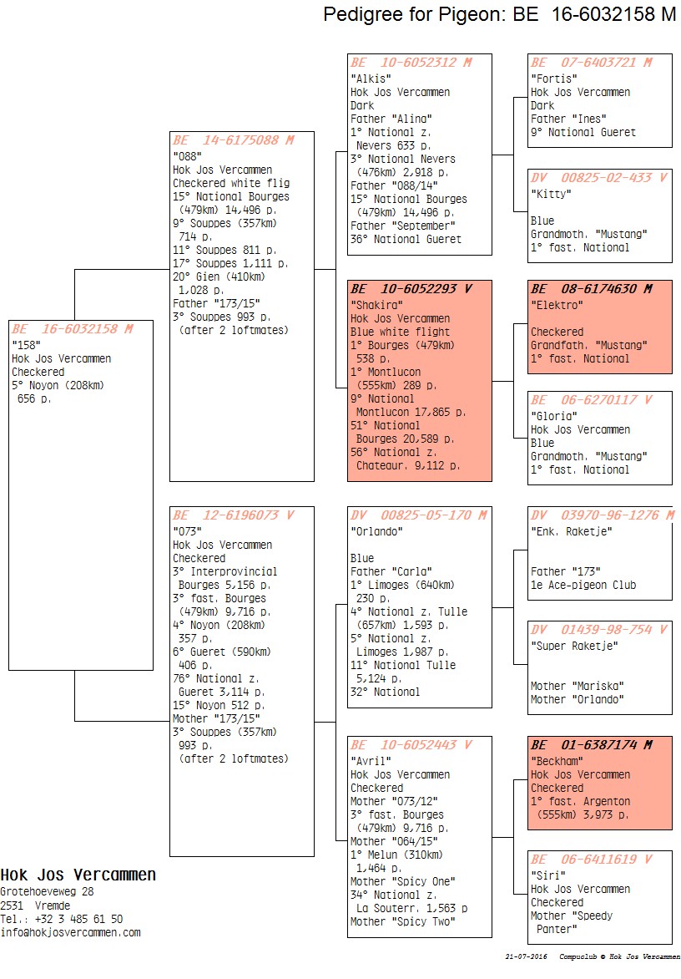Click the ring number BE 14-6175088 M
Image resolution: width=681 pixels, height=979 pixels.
pyautogui.click(x=233, y=140)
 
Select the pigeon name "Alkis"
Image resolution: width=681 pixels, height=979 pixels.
pyautogui.click(x=371, y=79)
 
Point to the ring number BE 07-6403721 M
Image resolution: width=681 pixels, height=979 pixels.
pyautogui.click(x=591, y=63)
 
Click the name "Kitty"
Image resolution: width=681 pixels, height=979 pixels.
pyautogui.click(x=551, y=194)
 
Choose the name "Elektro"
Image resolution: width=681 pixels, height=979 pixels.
pyautogui.click(x=557, y=305)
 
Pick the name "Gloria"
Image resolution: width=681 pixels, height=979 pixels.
pyautogui.click(x=554, y=416)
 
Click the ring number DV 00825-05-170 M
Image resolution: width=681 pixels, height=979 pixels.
pyautogui.click(x=418, y=515)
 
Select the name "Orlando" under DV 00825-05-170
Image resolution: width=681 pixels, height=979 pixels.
pyautogui.click(x=376, y=531)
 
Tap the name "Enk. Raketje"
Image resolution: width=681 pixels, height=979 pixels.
pyautogui.click(x=571, y=531)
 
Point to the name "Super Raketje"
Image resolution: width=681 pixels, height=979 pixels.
pyautogui.click(x=574, y=646)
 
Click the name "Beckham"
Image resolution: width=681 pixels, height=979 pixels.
pyautogui.click(x=557, y=760)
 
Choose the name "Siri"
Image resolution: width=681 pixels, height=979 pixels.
pyautogui.click(x=548, y=875)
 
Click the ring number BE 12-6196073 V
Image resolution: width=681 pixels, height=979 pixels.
pyautogui.click(x=233, y=515)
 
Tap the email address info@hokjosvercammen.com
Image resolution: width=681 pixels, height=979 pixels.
pyautogui.click(x=70, y=932)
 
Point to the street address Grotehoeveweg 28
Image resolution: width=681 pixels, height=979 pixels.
pyautogui.click(x=47, y=891)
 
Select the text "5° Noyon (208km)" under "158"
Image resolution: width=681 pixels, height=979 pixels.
pyautogui.click(x=58, y=385)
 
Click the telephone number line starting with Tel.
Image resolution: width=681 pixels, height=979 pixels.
pyautogui.click(x=61, y=919)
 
